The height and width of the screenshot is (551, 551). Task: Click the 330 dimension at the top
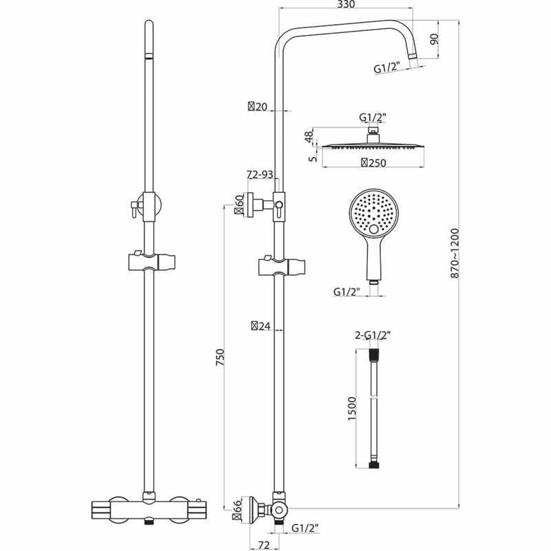(x=346, y=6)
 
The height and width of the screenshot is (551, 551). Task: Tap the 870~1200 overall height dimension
(x=455, y=253)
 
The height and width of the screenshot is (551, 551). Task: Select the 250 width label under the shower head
(x=372, y=163)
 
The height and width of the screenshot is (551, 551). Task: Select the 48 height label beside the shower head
(x=309, y=136)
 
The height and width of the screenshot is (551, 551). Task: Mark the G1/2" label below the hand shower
(x=347, y=292)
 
